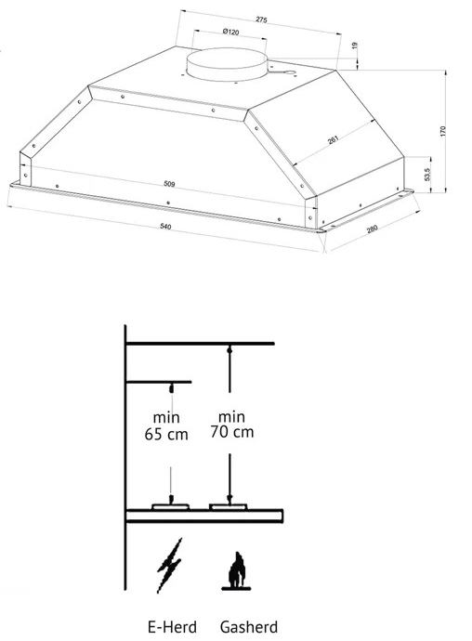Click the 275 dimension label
point(261,20)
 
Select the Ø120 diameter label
point(231,32)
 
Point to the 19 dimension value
point(355,46)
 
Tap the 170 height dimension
point(443,131)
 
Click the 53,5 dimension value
point(427,175)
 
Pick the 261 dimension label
point(334,140)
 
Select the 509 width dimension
point(169,184)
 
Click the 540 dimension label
point(165,226)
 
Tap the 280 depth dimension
point(373,229)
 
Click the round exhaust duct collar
point(227,64)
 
